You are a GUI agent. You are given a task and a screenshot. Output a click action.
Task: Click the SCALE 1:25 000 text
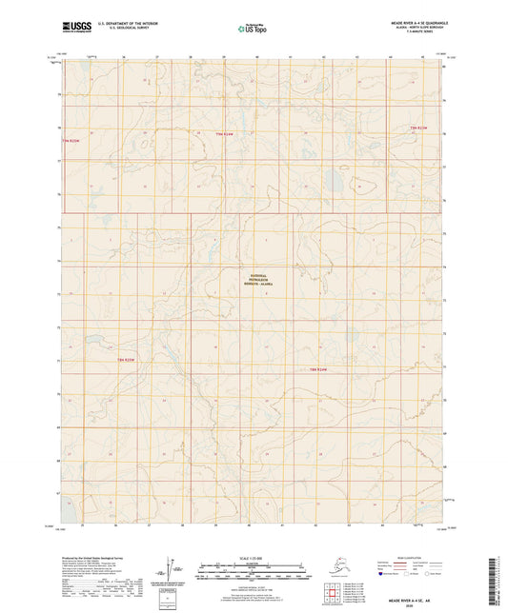click(254, 558)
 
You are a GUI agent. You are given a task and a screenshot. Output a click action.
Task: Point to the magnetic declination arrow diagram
click(170, 569)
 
